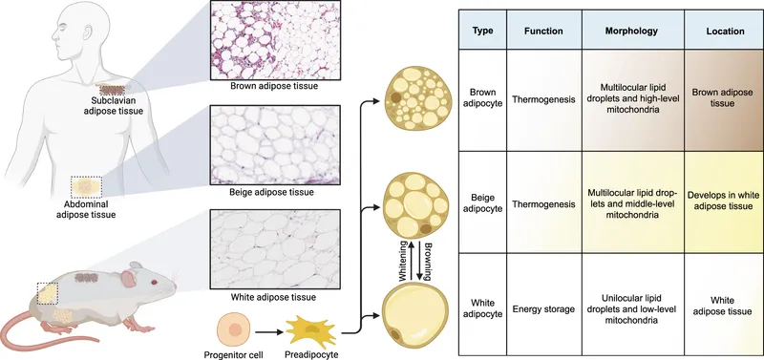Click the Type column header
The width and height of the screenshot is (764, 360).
(483, 31)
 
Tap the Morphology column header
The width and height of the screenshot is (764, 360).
(637, 31)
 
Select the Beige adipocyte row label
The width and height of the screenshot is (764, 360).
(483, 202)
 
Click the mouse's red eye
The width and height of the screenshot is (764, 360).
(153, 283)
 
